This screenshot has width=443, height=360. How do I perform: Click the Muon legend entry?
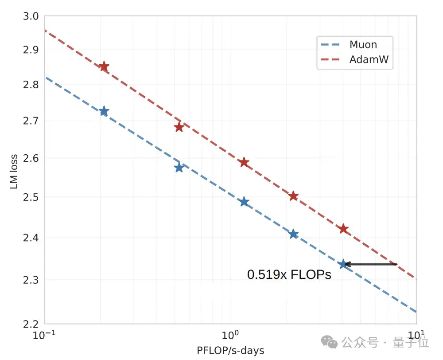(x=354, y=44)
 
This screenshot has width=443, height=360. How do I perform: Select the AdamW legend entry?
(x=354, y=60)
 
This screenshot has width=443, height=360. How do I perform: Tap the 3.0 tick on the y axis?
(x=31, y=16)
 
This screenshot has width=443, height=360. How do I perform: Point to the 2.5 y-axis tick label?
(x=31, y=197)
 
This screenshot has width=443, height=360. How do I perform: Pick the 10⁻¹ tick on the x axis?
(x=44, y=335)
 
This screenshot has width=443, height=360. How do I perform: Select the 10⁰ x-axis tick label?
(x=230, y=335)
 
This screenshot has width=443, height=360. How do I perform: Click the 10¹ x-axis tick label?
(x=416, y=335)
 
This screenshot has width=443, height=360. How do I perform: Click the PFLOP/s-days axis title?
(x=230, y=351)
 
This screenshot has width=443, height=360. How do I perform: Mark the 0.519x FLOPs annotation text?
(x=289, y=275)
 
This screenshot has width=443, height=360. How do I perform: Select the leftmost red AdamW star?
(x=104, y=67)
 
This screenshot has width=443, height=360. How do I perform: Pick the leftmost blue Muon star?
(x=104, y=111)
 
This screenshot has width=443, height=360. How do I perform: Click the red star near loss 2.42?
(x=343, y=229)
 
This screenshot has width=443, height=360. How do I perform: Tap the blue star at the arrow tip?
(x=342, y=264)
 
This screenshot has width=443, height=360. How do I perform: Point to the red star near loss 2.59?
(x=244, y=162)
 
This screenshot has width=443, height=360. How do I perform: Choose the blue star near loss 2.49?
(x=244, y=202)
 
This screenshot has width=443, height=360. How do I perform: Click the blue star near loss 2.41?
(x=293, y=234)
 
